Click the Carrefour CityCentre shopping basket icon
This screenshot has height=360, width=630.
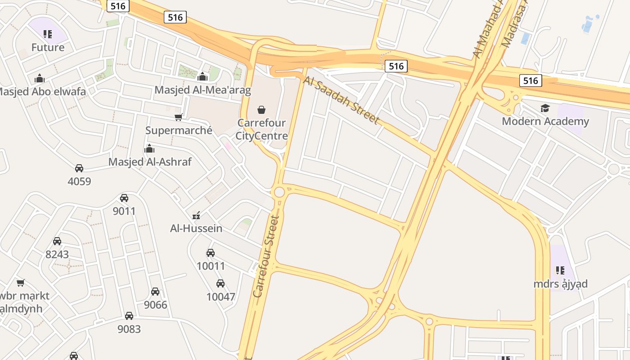point(261,109)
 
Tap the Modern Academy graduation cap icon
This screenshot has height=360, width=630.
point(545,108)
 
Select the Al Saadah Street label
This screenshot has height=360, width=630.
point(341,100)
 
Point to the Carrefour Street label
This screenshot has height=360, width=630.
point(266,256)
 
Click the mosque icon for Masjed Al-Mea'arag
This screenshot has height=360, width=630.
point(202,76)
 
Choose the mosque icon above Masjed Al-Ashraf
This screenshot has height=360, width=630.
point(149,148)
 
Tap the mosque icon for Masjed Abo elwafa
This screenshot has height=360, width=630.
point(40,78)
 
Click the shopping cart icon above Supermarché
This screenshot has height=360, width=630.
point(178,117)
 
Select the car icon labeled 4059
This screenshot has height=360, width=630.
point(79,168)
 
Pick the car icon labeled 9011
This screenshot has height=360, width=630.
point(124,198)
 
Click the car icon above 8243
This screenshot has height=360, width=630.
point(57,241)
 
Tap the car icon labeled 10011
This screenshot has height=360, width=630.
point(211,253)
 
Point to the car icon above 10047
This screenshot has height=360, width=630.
point(220,283)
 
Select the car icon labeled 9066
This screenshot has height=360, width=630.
point(155,292)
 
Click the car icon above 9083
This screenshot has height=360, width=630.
point(129,316)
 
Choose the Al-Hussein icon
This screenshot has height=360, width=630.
point(196,215)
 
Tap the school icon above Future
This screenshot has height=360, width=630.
point(48,34)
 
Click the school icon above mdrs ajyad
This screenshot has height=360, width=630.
point(560,270)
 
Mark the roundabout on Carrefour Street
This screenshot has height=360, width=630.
point(279,192)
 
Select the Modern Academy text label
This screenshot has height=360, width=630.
point(545,121)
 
